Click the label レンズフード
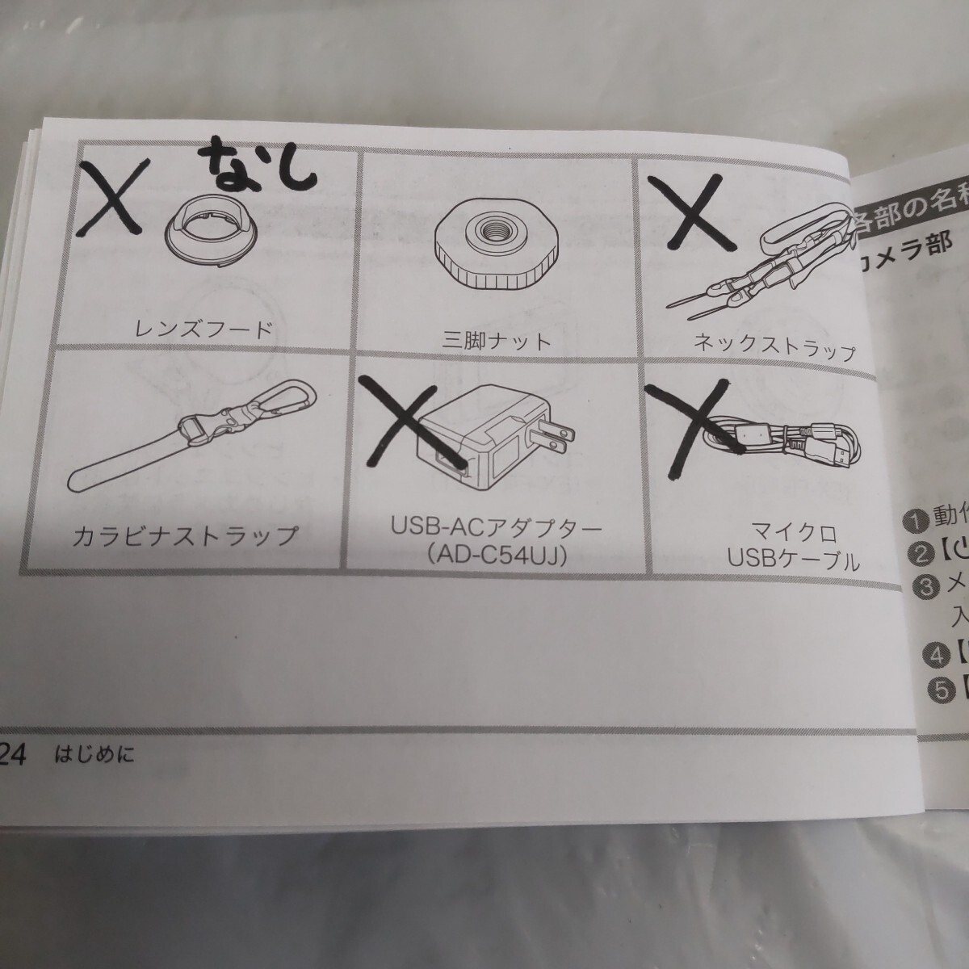click(x=203, y=329)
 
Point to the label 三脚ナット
click(x=497, y=340)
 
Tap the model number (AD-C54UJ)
click(x=497, y=556)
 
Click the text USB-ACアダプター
click(x=497, y=531)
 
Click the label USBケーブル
click(x=794, y=560)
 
